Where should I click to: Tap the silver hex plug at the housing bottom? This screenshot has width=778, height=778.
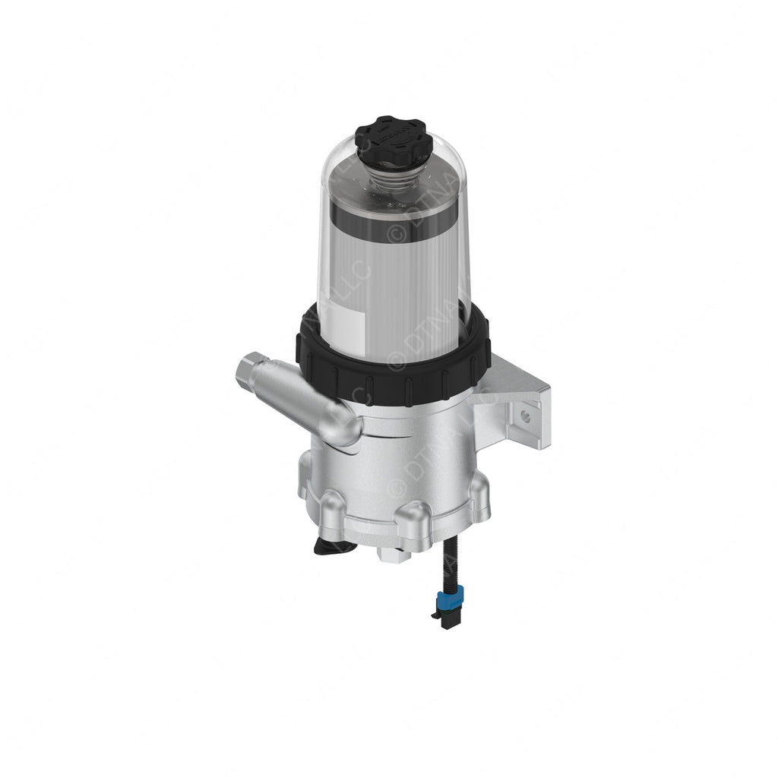pos(397,554)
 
